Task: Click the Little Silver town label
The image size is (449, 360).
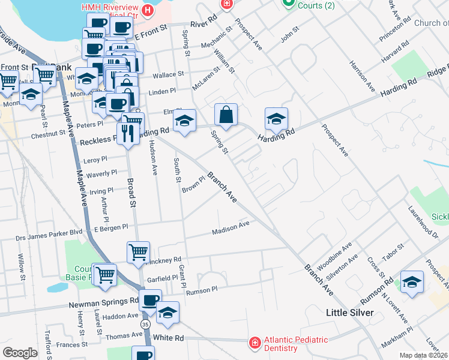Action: tap(349, 313)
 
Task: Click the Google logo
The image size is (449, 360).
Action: tap(20, 353)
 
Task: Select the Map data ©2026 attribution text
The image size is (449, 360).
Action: tap(423, 355)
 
